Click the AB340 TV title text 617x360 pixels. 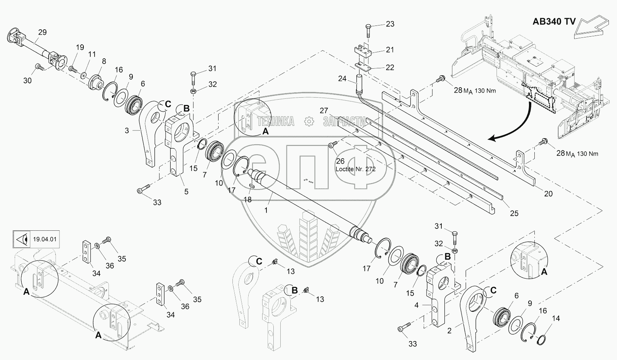pyautogui.click(x=554, y=22)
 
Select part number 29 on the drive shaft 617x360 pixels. pyautogui.click(x=42, y=32)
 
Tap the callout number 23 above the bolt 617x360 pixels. pyautogui.click(x=390, y=24)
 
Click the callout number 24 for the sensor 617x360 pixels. pyautogui.click(x=342, y=79)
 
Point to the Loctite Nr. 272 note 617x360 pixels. pyautogui.click(x=355, y=169)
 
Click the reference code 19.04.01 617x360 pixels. pyautogui.click(x=45, y=239)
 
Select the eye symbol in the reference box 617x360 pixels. pyautogui.click(x=22, y=239)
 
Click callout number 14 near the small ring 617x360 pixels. pyautogui.click(x=556, y=318)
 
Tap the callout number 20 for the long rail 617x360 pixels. pyautogui.click(x=548, y=194)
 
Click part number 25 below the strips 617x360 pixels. pyautogui.click(x=514, y=213)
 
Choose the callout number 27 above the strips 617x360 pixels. pyautogui.click(x=324, y=111)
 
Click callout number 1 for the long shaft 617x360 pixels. pyautogui.click(x=266, y=210)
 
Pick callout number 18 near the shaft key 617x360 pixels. pyautogui.click(x=247, y=200)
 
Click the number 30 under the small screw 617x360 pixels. pyautogui.click(x=27, y=81)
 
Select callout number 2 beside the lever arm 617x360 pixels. pyautogui.click(x=449, y=331)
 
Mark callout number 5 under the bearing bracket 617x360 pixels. pyautogui.click(x=186, y=192)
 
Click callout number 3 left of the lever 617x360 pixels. pyautogui.click(x=127, y=130)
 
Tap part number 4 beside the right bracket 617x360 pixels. pyautogui.click(x=417, y=305)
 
